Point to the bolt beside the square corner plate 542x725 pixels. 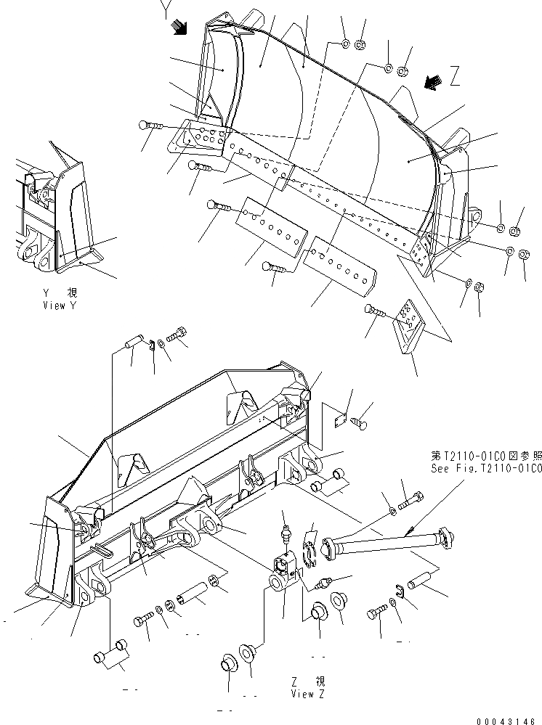(x=376, y=311)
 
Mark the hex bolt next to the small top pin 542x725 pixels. (x=177, y=336)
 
